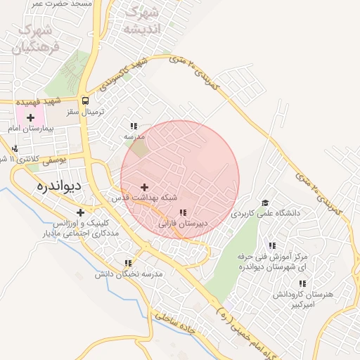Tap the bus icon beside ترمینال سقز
pos(85,101)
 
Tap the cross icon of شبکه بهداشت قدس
pos(145,187)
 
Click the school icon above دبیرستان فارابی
pos(183,212)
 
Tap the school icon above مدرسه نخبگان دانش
pos(127,263)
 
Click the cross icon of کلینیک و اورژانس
pos(81,212)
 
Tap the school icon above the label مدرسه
pos(134,126)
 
